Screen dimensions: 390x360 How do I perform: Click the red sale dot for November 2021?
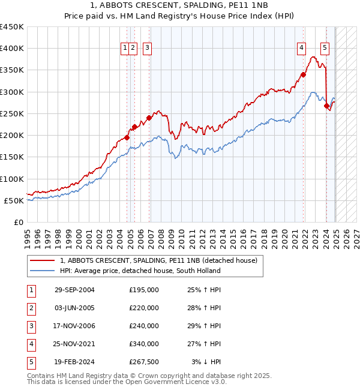[304, 75]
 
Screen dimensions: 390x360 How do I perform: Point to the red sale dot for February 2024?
[327, 106]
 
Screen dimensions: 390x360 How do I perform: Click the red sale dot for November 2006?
[149, 118]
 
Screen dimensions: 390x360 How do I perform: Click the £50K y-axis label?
[14, 200]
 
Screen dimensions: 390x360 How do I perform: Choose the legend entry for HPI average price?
[140, 271]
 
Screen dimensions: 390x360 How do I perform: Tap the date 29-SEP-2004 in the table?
[74, 290]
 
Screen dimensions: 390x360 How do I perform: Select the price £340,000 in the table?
[144, 344]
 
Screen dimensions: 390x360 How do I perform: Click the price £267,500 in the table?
[144, 362]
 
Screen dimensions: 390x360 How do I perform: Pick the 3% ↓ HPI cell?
[207, 362]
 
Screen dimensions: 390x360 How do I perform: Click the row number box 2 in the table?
[31, 308]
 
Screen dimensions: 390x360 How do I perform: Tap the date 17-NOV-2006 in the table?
[74, 326]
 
